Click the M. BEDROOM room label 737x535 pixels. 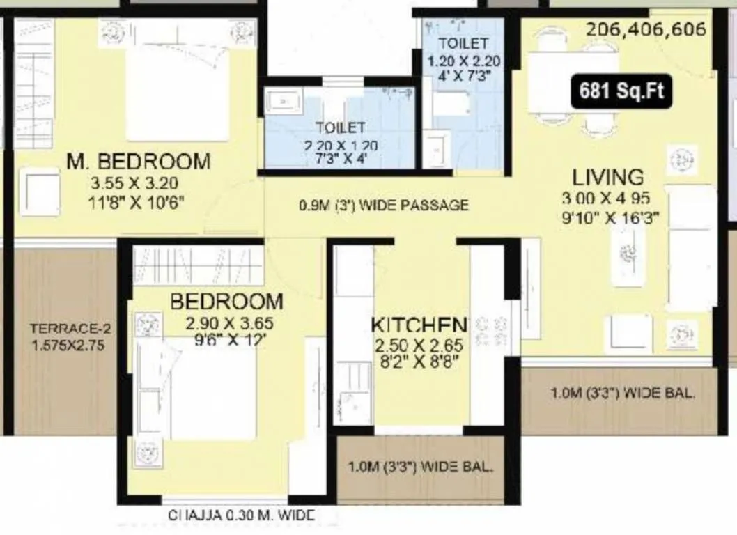[x=138, y=162]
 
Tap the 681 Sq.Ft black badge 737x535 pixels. [x=621, y=91]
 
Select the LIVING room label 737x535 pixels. [x=608, y=176]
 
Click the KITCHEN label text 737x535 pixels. [x=418, y=325]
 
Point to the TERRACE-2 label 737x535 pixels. [x=71, y=329]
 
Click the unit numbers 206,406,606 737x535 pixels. [x=646, y=30]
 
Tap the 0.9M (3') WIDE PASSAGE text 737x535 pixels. [x=383, y=206]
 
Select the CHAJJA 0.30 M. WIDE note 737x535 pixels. [x=242, y=516]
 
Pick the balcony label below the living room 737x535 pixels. [x=622, y=394]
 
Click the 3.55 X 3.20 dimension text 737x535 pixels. [x=134, y=185]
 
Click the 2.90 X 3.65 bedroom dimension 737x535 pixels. [x=228, y=324]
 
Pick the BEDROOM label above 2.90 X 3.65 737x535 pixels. [x=227, y=302]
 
